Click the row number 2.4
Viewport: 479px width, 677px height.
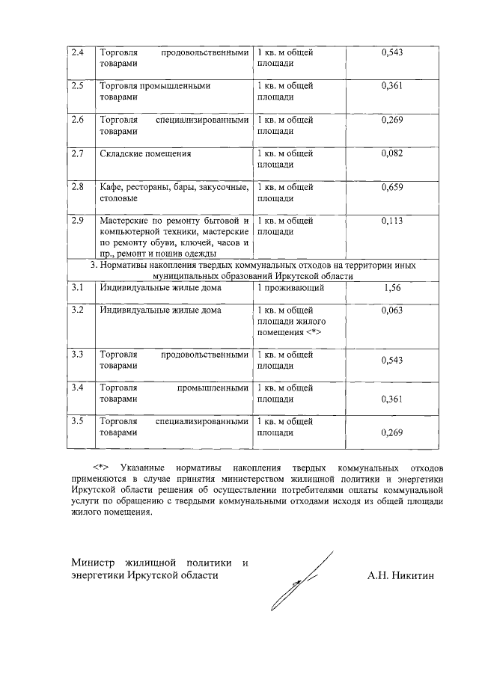click(x=77, y=53)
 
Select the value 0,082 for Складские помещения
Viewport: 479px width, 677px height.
click(x=391, y=153)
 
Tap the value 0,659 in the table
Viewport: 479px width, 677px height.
click(x=391, y=188)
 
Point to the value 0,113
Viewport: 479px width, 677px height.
click(x=391, y=221)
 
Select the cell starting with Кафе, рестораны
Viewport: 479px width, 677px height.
click(x=173, y=193)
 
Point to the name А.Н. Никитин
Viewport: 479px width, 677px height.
click(x=401, y=575)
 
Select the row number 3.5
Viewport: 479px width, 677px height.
click(x=77, y=421)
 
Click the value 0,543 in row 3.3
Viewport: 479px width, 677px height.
click(x=391, y=361)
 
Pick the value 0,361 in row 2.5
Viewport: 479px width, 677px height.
click(x=391, y=86)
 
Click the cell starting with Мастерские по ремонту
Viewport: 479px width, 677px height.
click(x=173, y=236)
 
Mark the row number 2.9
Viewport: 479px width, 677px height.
click(x=77, y=221)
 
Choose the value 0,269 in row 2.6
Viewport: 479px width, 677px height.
click(x=391, y=120)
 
